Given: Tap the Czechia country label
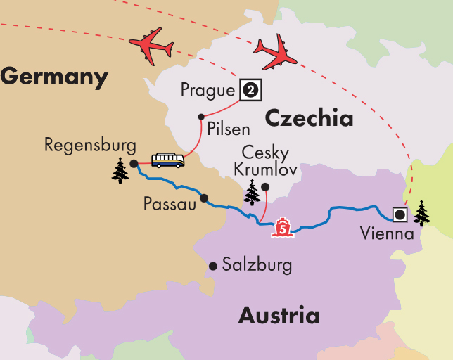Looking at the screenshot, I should click(309, 118).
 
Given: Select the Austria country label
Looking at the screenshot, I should click(279, 315).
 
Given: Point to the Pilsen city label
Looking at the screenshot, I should click(229, 130).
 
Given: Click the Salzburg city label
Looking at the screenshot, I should click(256, 265).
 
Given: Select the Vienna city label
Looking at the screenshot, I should click(385, 233).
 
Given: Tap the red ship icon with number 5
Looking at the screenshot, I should click(283, 227).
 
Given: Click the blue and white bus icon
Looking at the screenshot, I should click(168, 160).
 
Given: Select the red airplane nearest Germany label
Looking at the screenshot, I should click(151, 46).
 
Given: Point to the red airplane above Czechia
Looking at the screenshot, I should click(275, 52).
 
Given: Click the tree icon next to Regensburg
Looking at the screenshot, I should click(120, 170).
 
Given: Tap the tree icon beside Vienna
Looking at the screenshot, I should click(421, 213).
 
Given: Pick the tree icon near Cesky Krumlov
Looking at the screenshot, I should click(251, 192).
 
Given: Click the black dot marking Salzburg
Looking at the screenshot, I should click(213, 265).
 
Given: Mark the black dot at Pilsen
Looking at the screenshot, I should click(201, 117).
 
